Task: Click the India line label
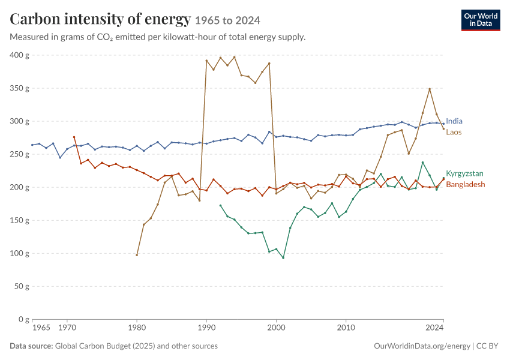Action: click(454, 121)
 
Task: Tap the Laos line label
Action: click(454, 132)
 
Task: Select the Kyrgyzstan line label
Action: click(464, 173)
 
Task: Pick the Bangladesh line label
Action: click(466, 184)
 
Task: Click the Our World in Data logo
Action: click(481, 20)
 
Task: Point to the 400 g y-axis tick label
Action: click(20, 55)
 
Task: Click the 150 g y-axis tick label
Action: click(20, 220)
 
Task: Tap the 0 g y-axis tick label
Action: click(24, 319)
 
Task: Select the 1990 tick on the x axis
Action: click(206, 327)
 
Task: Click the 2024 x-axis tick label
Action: click(434, 327)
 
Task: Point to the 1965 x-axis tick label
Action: click(41, 327)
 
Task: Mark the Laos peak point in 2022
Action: click(430, 89)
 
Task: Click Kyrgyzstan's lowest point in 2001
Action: click(283, 258)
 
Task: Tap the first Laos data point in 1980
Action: click(137, 255)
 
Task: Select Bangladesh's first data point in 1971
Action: click(74, 137)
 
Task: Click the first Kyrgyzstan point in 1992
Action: click(221, 206)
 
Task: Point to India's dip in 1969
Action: click(60, 158)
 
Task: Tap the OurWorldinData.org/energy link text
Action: click(422, 346)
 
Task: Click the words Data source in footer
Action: click(31, 346)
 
